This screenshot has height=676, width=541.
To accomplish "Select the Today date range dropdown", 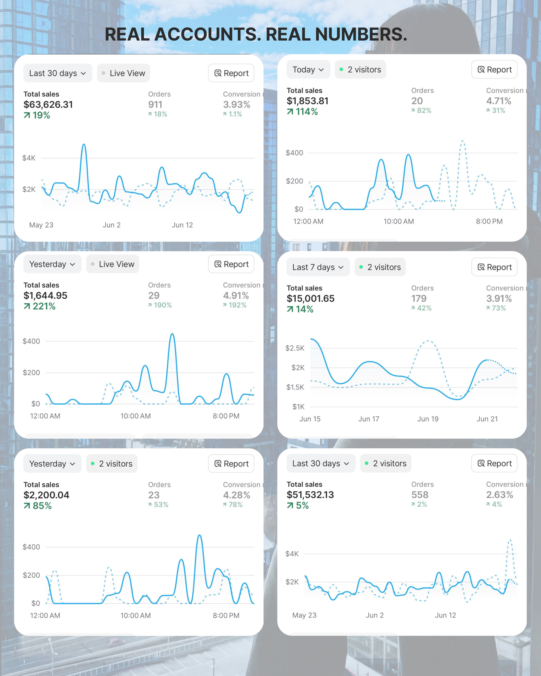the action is tap(308, 70).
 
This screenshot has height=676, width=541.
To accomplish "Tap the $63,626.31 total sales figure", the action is tap(48, 104).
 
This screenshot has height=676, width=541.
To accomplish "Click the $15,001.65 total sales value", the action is tap(310, 299).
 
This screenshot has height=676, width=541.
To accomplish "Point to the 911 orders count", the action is tap(155, 104).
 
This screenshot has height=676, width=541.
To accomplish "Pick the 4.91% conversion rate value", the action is tap(236, 295).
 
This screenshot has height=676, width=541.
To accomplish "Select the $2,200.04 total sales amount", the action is tap(46, 495).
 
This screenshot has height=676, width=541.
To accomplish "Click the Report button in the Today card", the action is tap(494, 70).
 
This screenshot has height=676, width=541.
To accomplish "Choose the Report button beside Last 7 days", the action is tap(494, 267).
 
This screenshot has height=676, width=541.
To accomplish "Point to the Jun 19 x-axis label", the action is tap(428, 419).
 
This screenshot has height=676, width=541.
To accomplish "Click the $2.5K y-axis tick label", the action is tap(295, 348).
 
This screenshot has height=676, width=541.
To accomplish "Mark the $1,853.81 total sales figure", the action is tap(308, 101).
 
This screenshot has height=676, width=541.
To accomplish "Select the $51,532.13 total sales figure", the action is tap(310, 495).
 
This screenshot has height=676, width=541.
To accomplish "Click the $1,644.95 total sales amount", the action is tap(46, 295).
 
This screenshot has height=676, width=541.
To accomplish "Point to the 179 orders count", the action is tap(419, 299).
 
